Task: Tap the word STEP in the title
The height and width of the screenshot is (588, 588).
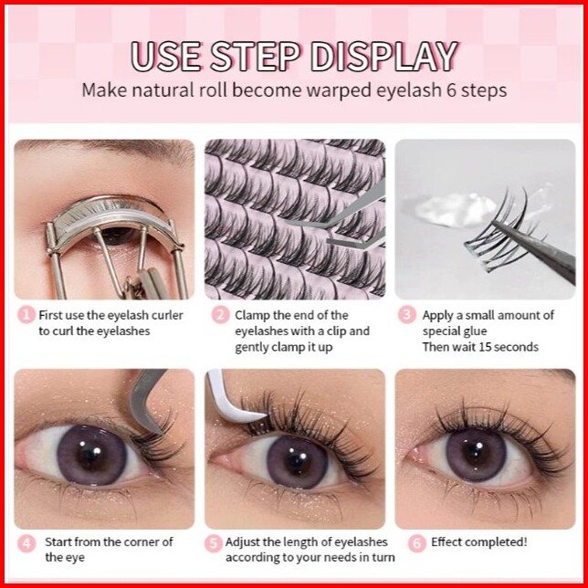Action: pyautogui.click(x=256, y=57)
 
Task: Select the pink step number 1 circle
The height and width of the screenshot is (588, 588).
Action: pyautogui.click(x=26, y=315)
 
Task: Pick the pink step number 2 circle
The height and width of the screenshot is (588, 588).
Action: pyautogui.click(x=221, y=315)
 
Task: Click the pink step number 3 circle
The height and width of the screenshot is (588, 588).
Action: pyautogui.click(x=407, y=315)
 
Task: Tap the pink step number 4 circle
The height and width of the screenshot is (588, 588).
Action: pyautogui.click(x=26, y=543)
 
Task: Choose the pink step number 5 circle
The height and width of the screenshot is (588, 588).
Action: pyautogui.click(x=214, y=543)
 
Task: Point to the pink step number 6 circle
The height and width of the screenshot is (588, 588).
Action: pyautogui.click(x=417, y=543)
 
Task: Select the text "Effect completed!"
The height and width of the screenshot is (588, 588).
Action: pyautogui.click(x=478, y=541)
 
